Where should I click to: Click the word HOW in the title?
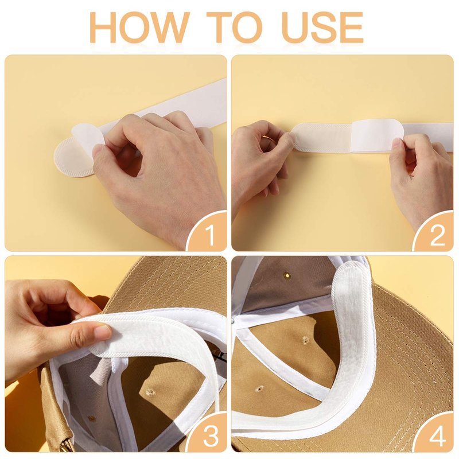139,27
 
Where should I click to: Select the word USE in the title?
322,27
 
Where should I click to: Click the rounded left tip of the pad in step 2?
295,137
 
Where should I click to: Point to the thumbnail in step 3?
103,330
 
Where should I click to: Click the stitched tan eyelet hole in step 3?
150,392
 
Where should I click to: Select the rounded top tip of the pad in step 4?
351,268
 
